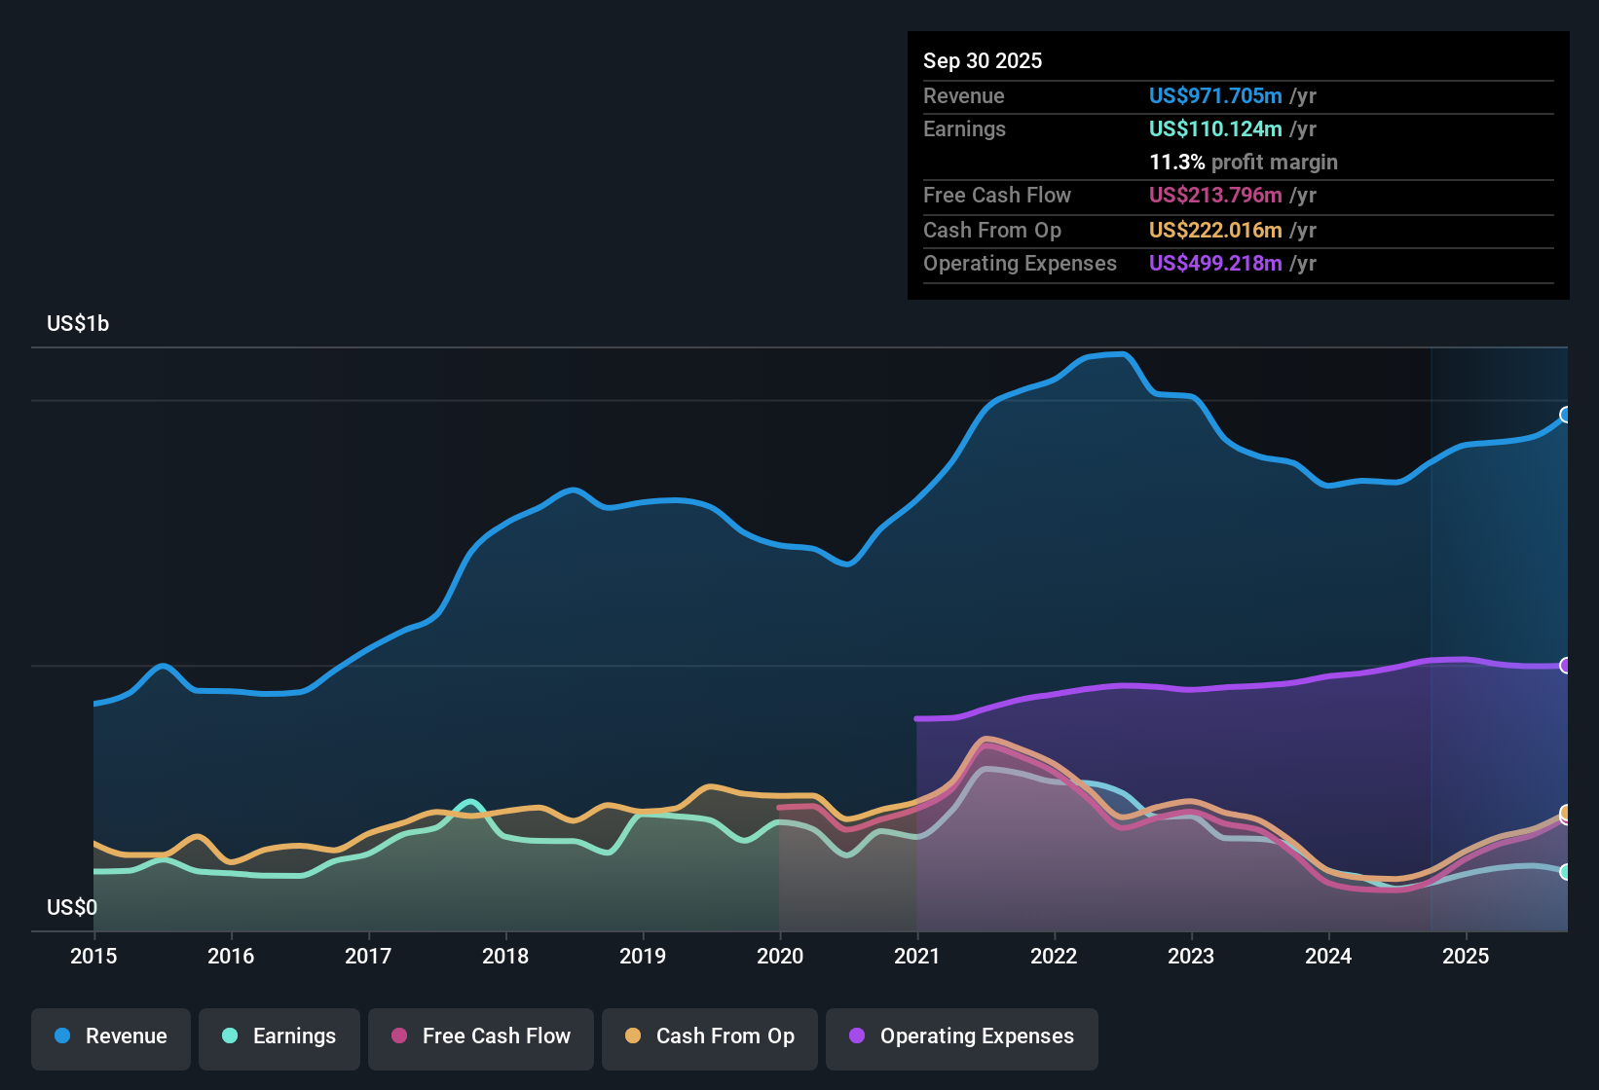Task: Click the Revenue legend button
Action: pos(111,1036)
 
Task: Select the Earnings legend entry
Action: pos(279,1036)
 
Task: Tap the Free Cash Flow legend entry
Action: pos(481,1036)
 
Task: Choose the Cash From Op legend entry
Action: pos(710,1036)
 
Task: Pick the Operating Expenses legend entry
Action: pos(962,1036)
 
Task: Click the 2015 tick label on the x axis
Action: pos(93,956)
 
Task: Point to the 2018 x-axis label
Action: pos(505,956)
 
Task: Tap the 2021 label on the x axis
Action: pos(916,956)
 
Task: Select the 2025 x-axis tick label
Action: pos(1465,956)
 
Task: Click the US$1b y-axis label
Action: pos(78,323)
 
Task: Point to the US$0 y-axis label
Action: pos(72,907)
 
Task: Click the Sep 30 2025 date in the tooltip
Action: pos(982,60)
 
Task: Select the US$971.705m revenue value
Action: pos(1214,95)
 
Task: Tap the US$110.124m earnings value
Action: pos(1214,128)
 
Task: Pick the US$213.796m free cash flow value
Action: pos(1214,195)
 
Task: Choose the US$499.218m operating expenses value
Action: pos(1214,263)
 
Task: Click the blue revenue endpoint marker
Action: pos(1566,415)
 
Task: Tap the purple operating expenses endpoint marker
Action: pos(1566,666)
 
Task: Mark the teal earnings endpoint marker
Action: pos(1566,872)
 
